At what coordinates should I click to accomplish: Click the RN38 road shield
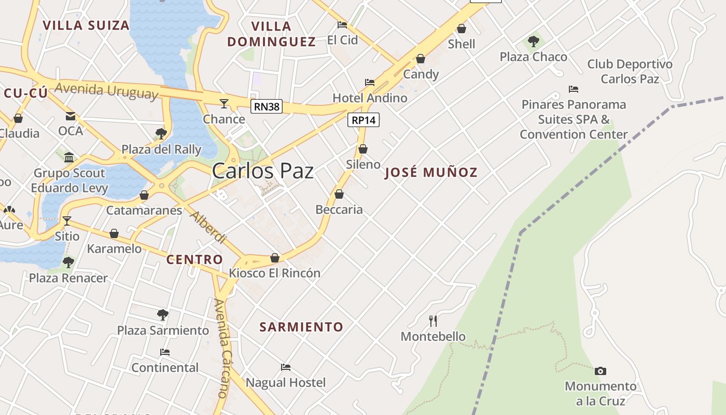[x=267, y=107]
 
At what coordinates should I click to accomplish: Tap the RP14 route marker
[x=364, y=120]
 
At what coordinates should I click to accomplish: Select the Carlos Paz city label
[x=263, y=171]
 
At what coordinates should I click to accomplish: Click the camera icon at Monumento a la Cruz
[x=601, y=371]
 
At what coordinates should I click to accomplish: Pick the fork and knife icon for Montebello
[x=434, y=321]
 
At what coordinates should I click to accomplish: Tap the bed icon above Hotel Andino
[x=370, y=82]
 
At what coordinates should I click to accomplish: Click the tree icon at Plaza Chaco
[x=534, y=41]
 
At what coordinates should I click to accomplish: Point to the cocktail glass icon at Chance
[x=224, y=104]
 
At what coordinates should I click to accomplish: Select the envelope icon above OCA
[x=71, y=116]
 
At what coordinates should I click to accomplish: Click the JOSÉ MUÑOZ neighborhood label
[x=431, y=173]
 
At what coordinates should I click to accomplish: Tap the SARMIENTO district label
[x=301, y=327]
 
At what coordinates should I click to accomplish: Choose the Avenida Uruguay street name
[x=106, y=90]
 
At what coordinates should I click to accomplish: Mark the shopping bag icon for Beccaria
[x=339, y=195]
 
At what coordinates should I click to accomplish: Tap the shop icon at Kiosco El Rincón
[x=275, y=258]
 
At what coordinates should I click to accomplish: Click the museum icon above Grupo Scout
[x=69, y=157]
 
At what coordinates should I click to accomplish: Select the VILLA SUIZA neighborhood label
[x=86, y=25]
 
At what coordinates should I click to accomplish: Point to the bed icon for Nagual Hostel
[x=286, y=367]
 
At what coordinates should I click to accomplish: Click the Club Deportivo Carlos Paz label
[x=630, y=72]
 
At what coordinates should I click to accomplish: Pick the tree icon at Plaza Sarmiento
[x=163, y=314]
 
